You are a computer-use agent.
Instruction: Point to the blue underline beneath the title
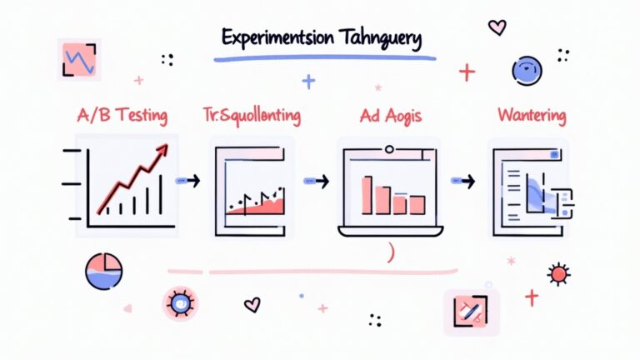tap(324, 58)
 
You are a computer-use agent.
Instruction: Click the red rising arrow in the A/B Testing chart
tap(133, 175)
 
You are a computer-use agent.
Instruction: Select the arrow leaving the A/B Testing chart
tap(189, 179)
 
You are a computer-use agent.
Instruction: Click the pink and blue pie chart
tap(104, 272)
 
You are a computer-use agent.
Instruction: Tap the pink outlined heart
tap(497, 27)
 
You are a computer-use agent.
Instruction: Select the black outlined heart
tap(252, 305)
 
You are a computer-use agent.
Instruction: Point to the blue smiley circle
tap(527, 71)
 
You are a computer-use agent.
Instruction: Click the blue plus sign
tap(309, 81)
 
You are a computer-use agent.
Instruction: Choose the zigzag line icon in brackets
tap(79, 60)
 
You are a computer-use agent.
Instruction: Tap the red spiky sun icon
tap(557, 272)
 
